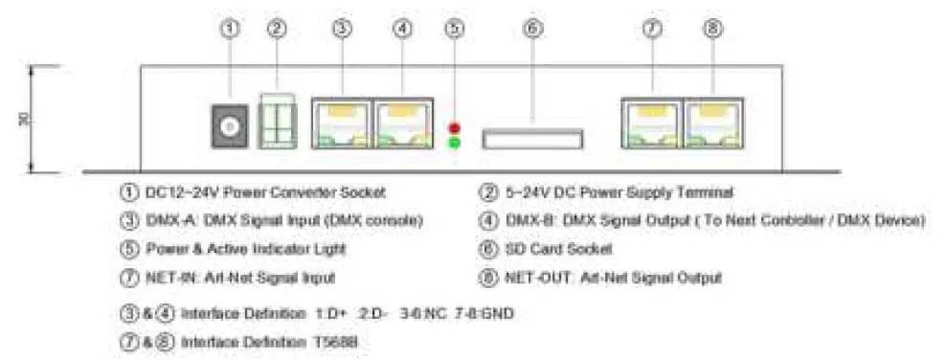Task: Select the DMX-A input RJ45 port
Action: tap(341, 124)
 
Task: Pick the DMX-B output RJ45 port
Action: tap(403, 124)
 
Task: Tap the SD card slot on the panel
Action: tap(531, 140)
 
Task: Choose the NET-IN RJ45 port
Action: tap(652, 124)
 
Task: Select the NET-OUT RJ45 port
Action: tap(712, 124)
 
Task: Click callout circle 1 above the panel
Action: tap(230, 29)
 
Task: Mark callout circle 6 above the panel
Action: tap(532, 29)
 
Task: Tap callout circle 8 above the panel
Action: tap(712, 29)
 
